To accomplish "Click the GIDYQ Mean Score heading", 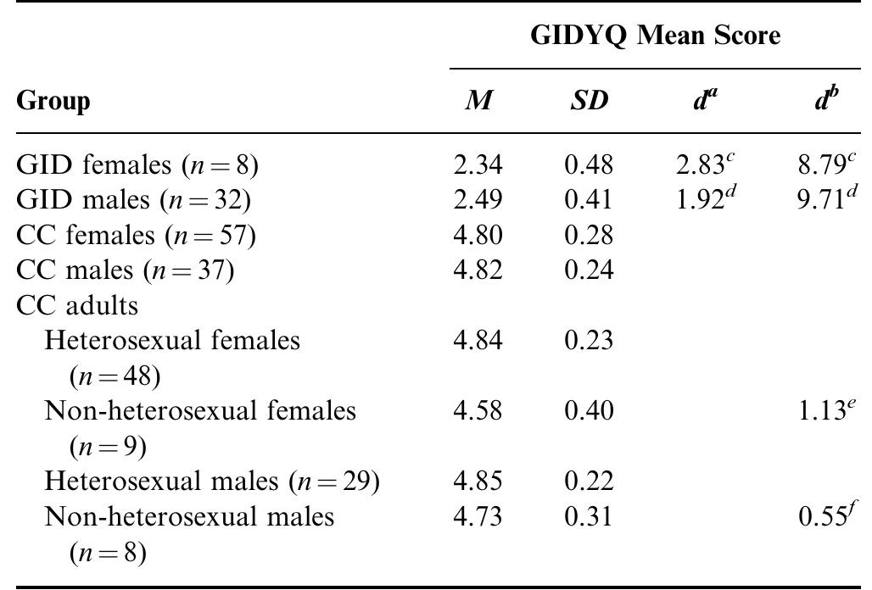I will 655,36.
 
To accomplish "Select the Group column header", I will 53,103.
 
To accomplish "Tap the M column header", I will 478,102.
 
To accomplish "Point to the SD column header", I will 587,102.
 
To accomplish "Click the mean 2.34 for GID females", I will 478,165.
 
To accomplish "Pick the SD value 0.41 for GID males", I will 587,200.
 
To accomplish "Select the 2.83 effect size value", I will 702,164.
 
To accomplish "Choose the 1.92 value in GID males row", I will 702,200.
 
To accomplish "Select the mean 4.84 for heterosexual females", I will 478,340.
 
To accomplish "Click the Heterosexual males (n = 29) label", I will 211,481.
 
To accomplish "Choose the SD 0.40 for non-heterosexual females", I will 587,411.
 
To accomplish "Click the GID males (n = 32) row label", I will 133,200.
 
